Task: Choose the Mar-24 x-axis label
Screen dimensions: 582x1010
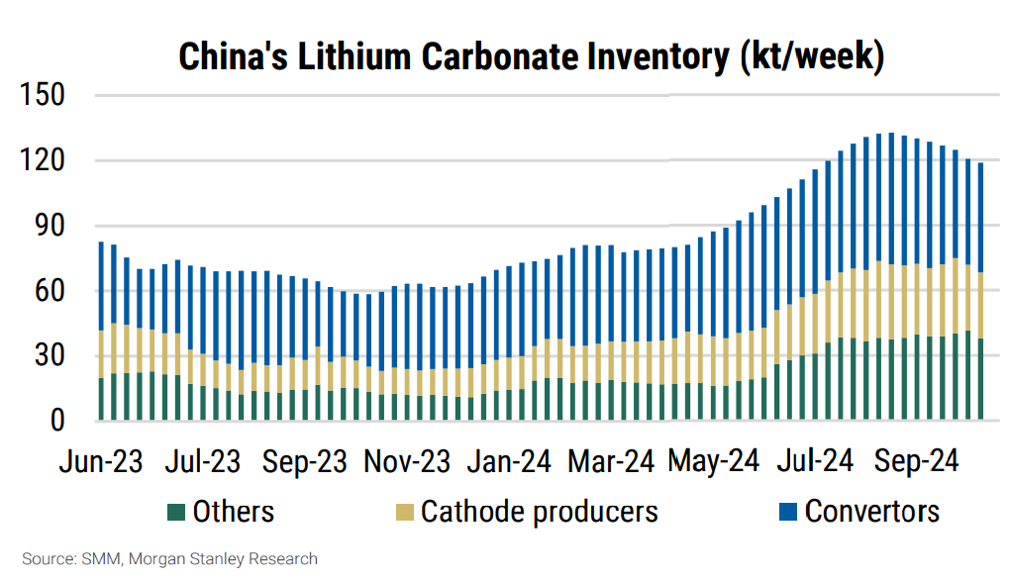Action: pos(612,461)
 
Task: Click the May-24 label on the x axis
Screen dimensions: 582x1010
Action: pos(713,461)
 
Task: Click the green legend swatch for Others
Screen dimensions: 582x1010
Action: pos(175,512)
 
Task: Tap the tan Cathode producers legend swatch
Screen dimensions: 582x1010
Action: pos(403,512)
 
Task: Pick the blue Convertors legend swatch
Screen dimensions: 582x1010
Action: pos(787,512)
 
